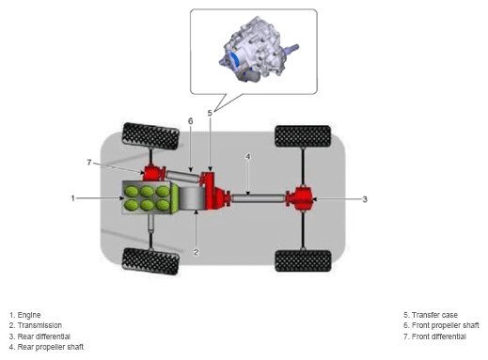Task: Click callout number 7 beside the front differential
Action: click(x=89, y=163)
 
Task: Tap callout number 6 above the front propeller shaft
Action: click(x=191, y=121)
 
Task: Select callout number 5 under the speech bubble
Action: click(x=210, y=113)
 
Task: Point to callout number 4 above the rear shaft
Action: click(x=248, y=156)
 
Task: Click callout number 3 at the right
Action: click(x=365, y=199)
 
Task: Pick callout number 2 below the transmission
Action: click(x=196, y=252)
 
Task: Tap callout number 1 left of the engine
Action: click(x=73, y=198)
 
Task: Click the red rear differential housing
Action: click(x=300, y=198)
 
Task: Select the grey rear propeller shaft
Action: click(x=259, y=198)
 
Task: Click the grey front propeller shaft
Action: click(x=182, y=176)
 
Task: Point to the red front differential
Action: click(x=154, y=173)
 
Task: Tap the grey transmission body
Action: click(x=192, y=197)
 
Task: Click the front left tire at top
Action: click(x=150, y=136)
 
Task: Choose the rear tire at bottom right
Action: click(x=303, y=261)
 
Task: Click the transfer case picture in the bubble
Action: click(x=259, y=50)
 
